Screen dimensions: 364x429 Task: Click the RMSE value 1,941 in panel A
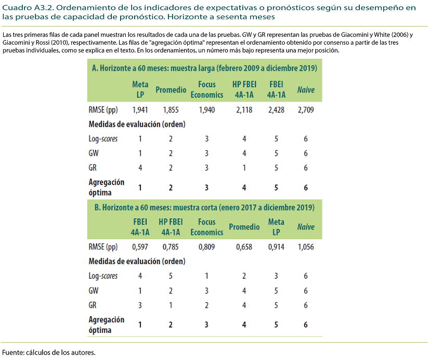pos(140,110)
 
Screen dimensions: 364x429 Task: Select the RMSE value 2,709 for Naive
pos(306,110)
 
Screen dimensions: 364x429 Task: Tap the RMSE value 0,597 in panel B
pos(140,247)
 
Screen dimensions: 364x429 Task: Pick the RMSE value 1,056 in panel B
pos(306,247)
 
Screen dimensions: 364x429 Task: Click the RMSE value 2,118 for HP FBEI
pos(243,110)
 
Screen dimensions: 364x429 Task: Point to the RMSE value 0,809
pos(206,247)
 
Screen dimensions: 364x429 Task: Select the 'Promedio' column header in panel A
pos(171,89)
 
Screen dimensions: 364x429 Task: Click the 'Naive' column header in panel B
pos(306,227)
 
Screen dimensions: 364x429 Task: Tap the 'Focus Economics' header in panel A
pos(206,89)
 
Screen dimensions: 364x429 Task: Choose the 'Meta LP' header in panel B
pos(276,227)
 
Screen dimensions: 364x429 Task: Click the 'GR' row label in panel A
pos(94,168)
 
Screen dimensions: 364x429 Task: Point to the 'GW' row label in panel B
pos(94,291)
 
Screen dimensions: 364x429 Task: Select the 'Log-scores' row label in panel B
pos(103,276)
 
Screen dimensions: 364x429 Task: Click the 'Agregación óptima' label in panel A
pos(107,187)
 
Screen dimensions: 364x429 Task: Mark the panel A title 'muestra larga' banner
pos(204,69)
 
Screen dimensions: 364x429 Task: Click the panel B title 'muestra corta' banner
pos(204,207)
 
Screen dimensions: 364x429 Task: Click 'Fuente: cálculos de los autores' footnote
pos(49,352)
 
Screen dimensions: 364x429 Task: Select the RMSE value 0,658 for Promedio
pos(244,247)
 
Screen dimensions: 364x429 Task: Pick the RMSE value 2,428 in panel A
pos(276,110)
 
